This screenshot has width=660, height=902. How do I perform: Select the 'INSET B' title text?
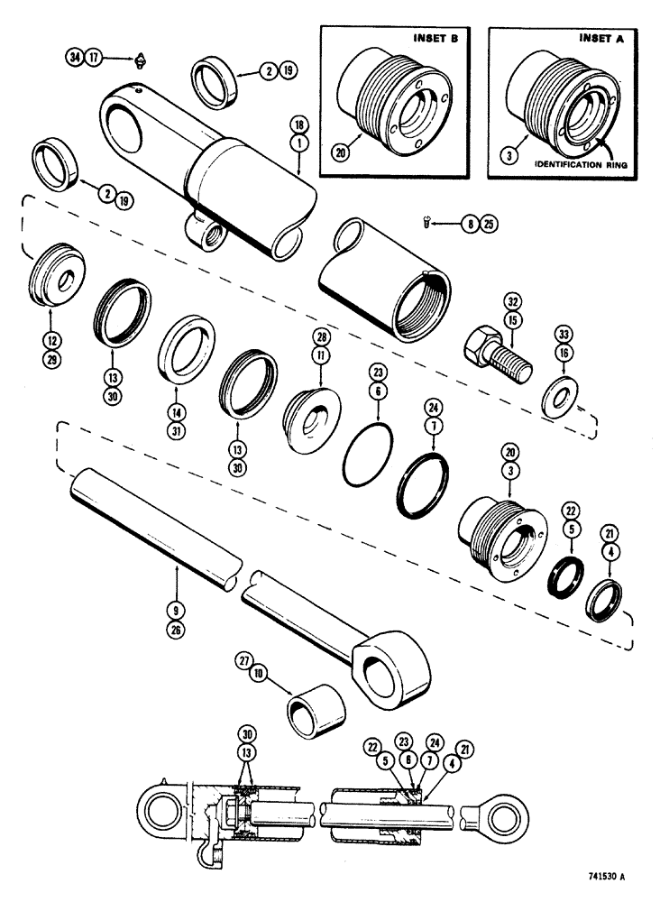pyautogui.click(x=435, y=41)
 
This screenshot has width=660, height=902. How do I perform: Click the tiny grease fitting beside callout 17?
pyautogui.click(x=141, y=61)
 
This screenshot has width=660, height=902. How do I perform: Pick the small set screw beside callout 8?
pyautogui.click(x=430, y=221)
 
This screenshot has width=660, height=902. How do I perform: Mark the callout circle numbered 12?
pyautogui.click(x=50, y=319)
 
